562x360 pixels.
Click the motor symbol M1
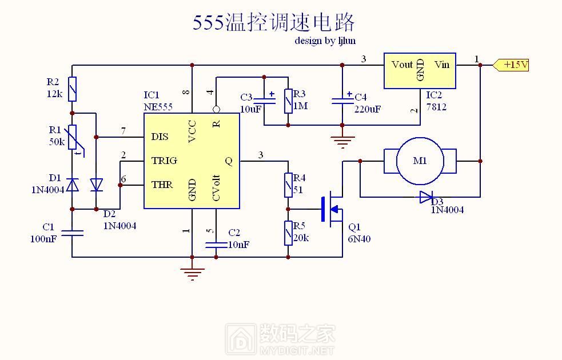coord(420,161)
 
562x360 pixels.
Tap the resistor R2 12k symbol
coord(72,89)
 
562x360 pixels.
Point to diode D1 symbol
coord(72,185)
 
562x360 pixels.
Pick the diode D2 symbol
coord(96,185)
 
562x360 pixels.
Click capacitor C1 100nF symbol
coord(72,233)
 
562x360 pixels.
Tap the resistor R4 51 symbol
coord(288,185)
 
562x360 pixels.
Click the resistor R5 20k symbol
coord(288,233)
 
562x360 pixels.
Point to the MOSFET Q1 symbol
coord(332,209)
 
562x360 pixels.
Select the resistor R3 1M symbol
coord(288,101)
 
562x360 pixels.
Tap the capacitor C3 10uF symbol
coord(264,101)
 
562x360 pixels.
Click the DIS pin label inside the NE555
coord(160,137)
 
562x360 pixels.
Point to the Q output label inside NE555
coord(229,161)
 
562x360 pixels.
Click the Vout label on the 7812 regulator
coord(402,65)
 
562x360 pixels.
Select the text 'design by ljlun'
coord(325,41)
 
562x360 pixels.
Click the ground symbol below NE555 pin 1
coord(193,273)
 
